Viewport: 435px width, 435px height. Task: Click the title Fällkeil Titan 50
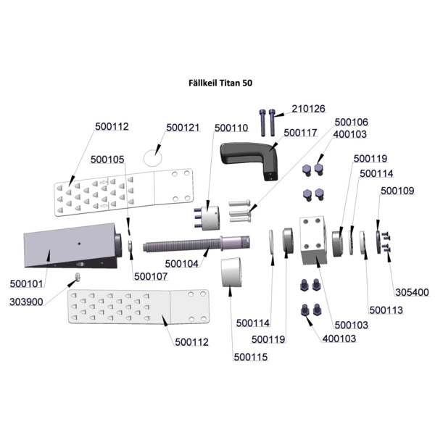pyautogui.click(x=220, y=83)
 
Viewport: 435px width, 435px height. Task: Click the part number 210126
pyautogui.click(x=308, y=109)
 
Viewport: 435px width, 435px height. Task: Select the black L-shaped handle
pyautogui.click(x=249, y=159)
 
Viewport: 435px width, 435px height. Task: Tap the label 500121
pyautogui.click(x=183, y=128)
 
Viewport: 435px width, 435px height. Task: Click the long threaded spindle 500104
pyautogui.click(x=196, y=244)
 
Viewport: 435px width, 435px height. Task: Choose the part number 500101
pyautogui.click(x=26, y=283)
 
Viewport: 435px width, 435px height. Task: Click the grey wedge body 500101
pyautogui.click(x=72, y=246)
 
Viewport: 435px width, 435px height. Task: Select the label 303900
pyautogui.click(x=26, y=302)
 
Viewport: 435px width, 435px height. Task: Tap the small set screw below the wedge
pyautogui.click(x=78, y=277)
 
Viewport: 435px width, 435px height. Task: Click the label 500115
pyautogui.click(x=251, y=357)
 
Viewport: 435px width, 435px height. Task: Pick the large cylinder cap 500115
pyautogui.click(x=232, y=272)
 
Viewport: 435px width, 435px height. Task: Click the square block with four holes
pyautogui.click(x=313, y=240)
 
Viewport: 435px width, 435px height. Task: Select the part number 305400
pyautogui.click(x=412, y=292)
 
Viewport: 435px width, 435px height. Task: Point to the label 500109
pyautogui.click(x=397, y=191)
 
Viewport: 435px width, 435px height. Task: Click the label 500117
pyautogui.click(x=300, y=133)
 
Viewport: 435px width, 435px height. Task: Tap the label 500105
pyautogui.click(x=107, y=159)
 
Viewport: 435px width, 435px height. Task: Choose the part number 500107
pyautogui.click(x=151, y=276)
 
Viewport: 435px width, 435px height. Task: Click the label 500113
pyautogui.click(x=386, y=310)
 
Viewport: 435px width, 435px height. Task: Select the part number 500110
pyautogui.click(x=231, y=128)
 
